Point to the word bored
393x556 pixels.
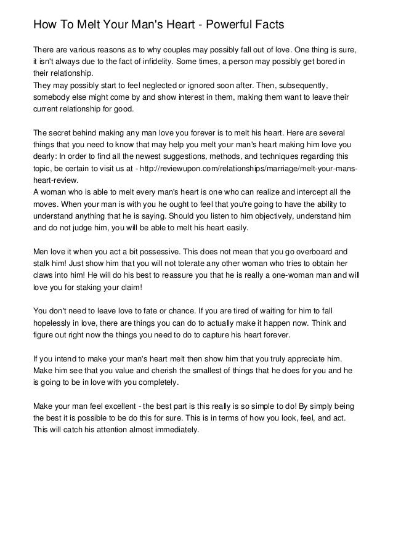coord(326,62)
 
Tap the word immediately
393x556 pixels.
coord(176,430)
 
